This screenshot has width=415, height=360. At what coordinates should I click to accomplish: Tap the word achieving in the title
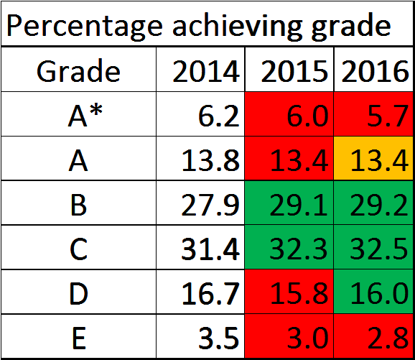(x=237, y=27)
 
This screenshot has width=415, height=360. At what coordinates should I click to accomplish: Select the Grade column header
(x=78, y=71)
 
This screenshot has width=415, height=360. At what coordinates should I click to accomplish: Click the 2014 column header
(x=206, y=71)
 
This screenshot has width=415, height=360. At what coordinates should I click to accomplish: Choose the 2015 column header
(x=294, y=71)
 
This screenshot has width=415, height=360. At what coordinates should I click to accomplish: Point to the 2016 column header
(x=375, y=71)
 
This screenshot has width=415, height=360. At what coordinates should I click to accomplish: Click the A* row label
(x=85, y=116)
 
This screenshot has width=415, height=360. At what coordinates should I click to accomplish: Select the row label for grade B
(x=78, y=205)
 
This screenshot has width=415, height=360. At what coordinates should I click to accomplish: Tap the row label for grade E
(x=79, y=338)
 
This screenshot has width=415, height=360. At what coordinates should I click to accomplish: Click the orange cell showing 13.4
(x=373, y=158)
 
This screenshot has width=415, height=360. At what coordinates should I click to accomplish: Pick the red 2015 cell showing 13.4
(x=289, y=158)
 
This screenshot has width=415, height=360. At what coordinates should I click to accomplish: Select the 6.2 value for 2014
(x=218, y=116)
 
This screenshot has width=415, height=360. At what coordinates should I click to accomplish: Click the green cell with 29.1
(x=289, y=203)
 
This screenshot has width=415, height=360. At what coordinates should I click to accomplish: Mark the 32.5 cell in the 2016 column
(x=373, y=247)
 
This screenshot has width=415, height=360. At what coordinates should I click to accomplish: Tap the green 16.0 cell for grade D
(x=373, y=292)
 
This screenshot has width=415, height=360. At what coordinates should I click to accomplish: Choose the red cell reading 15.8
(x=289, y=292)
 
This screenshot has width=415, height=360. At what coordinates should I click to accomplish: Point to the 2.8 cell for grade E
(x=373, y=336)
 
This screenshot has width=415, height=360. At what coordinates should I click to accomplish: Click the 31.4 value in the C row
(x=210, y=249)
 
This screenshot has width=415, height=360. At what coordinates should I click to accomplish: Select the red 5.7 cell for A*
(x=373, y=114)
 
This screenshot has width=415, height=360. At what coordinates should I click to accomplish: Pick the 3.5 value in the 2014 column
(x=218, y=338)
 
